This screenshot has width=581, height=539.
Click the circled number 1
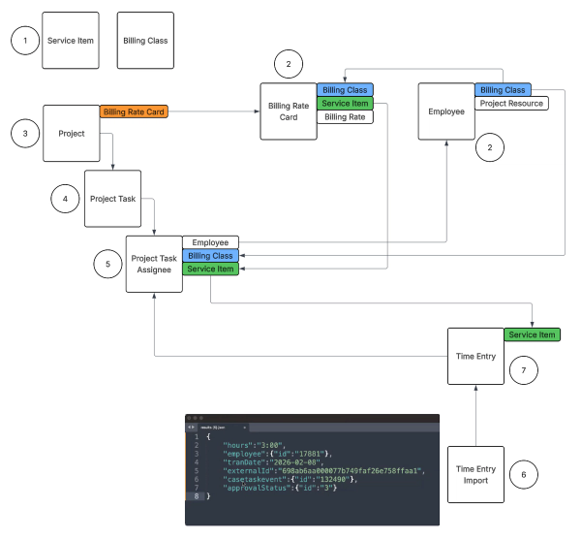coord(25,41)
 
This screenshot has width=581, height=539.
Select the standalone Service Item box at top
coord(71,41)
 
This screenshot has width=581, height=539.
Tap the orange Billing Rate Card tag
coord(134,112)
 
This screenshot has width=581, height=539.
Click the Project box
coord(71,133)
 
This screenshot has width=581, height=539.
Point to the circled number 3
coord(25,133)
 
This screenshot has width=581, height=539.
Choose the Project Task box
coord(112,199)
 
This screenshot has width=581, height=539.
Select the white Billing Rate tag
coord(344,116)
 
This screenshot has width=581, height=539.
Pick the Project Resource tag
coord(510,103)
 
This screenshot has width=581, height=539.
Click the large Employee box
coord(445,111)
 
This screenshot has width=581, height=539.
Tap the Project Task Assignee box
coord(154,264)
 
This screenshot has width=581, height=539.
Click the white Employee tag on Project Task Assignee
coord(210,241)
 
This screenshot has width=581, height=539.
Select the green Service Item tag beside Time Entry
coord(532,334)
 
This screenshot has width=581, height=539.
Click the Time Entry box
coord(475,356)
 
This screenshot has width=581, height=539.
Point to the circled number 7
coord(524,371)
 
